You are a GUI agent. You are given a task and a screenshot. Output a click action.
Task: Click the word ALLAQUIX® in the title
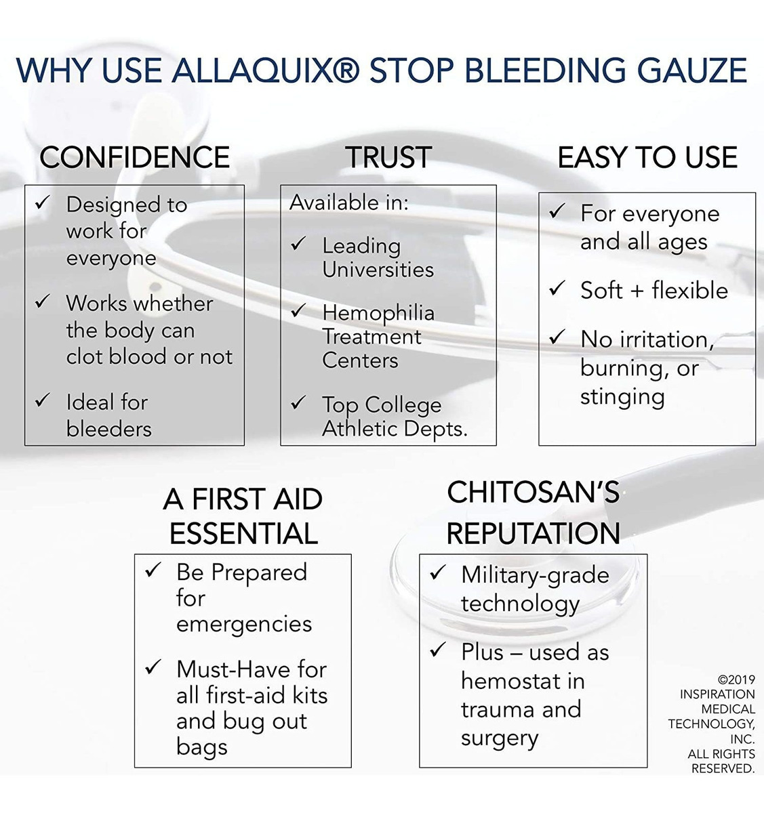266,70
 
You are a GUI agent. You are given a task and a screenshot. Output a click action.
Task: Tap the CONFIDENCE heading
134,157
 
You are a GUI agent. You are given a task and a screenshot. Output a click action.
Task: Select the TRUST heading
388,157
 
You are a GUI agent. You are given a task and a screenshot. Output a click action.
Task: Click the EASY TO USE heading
647,157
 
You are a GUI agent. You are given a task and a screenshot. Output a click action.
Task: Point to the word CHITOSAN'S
533,492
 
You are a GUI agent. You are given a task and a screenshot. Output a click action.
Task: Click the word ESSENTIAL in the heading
244,534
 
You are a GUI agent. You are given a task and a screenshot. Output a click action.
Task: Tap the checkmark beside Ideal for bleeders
43,400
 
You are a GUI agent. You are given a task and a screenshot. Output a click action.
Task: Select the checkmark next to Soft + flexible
557,288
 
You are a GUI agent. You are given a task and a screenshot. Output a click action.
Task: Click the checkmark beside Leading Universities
298,243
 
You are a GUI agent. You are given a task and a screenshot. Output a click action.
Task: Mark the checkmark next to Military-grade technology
437,572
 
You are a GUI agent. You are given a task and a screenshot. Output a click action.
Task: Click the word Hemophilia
378,314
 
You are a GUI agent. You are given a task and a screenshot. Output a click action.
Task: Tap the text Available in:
348,203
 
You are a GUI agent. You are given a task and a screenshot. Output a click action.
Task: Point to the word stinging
622,398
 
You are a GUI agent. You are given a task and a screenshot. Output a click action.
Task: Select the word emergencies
244,624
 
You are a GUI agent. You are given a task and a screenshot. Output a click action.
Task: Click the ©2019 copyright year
736,680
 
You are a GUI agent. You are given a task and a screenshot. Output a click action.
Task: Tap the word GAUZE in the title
692,70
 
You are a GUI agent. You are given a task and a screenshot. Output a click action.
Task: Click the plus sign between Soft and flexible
637,291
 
